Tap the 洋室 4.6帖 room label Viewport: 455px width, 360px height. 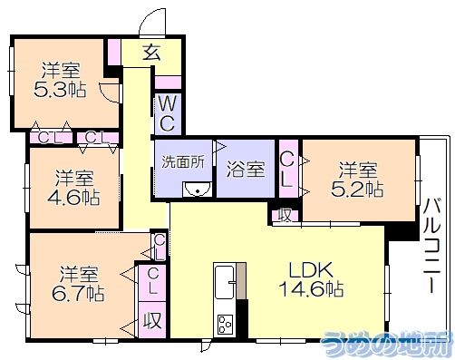[73, 186]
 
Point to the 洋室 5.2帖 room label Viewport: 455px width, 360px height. [360, 179]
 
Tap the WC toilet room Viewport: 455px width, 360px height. [169, 112]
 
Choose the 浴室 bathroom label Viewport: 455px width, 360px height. [246, 168]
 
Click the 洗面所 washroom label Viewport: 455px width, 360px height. [182, 162]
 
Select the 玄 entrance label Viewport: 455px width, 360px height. [151, 53]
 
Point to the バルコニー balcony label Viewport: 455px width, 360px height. [432, 238]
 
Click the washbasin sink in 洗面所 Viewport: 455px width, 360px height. [197, 189]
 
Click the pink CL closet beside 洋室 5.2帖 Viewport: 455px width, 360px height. [286, 170]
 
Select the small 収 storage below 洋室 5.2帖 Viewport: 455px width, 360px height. [284, 215]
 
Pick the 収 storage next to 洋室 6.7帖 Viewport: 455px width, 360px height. [151, 320]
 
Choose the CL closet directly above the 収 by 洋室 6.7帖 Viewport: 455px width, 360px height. [153, 281]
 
